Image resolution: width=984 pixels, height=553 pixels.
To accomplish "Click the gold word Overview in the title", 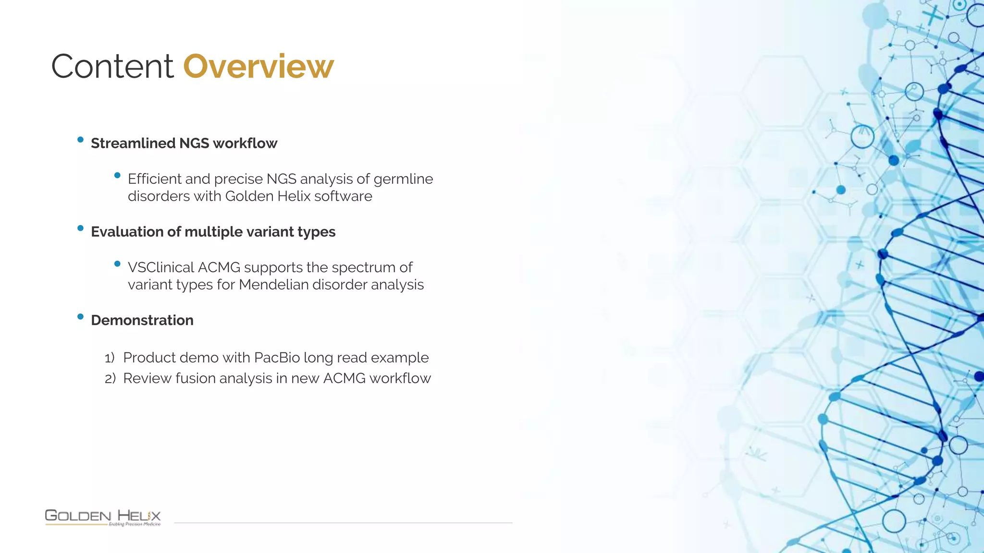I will (258, 66).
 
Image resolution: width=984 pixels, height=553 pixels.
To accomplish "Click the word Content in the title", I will (112, 66).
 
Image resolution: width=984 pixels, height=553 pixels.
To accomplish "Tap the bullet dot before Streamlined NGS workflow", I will (80, 140).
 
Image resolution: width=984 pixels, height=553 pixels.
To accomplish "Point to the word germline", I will (403, 179).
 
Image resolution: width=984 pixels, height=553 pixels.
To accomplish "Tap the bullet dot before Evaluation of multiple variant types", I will (80, 228).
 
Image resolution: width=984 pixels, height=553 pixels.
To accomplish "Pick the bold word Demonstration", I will (142, 320).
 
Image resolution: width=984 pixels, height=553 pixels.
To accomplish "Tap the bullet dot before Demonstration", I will (80, 317).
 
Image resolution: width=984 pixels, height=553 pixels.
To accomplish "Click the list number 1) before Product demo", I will (110, 358).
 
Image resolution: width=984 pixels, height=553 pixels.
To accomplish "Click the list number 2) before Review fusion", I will (110, 379).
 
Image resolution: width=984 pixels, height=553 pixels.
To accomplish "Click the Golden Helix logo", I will (103, 517).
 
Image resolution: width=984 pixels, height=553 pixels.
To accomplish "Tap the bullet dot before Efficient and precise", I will (117, 176).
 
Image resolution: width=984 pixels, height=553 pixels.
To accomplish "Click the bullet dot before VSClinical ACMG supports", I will (117, 264).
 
